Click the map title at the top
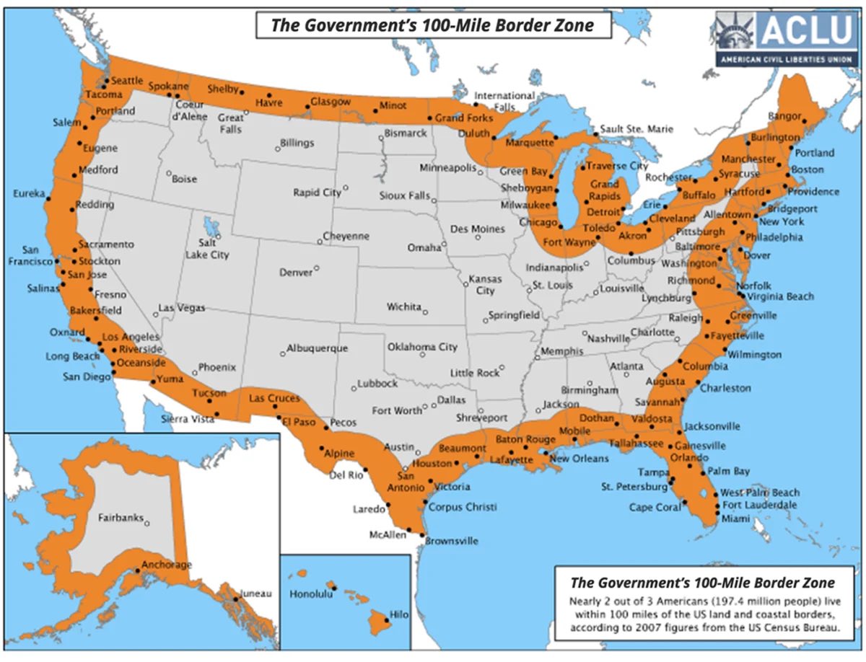432,25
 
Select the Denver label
296,273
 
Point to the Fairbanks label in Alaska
120,517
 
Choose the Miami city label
735,518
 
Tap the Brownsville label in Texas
452,540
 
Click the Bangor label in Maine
784,115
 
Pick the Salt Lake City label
208,250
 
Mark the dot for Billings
277,149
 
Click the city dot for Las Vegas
155,314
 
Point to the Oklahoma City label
422,347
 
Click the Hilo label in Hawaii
398,615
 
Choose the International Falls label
504,101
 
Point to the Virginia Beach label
780,296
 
